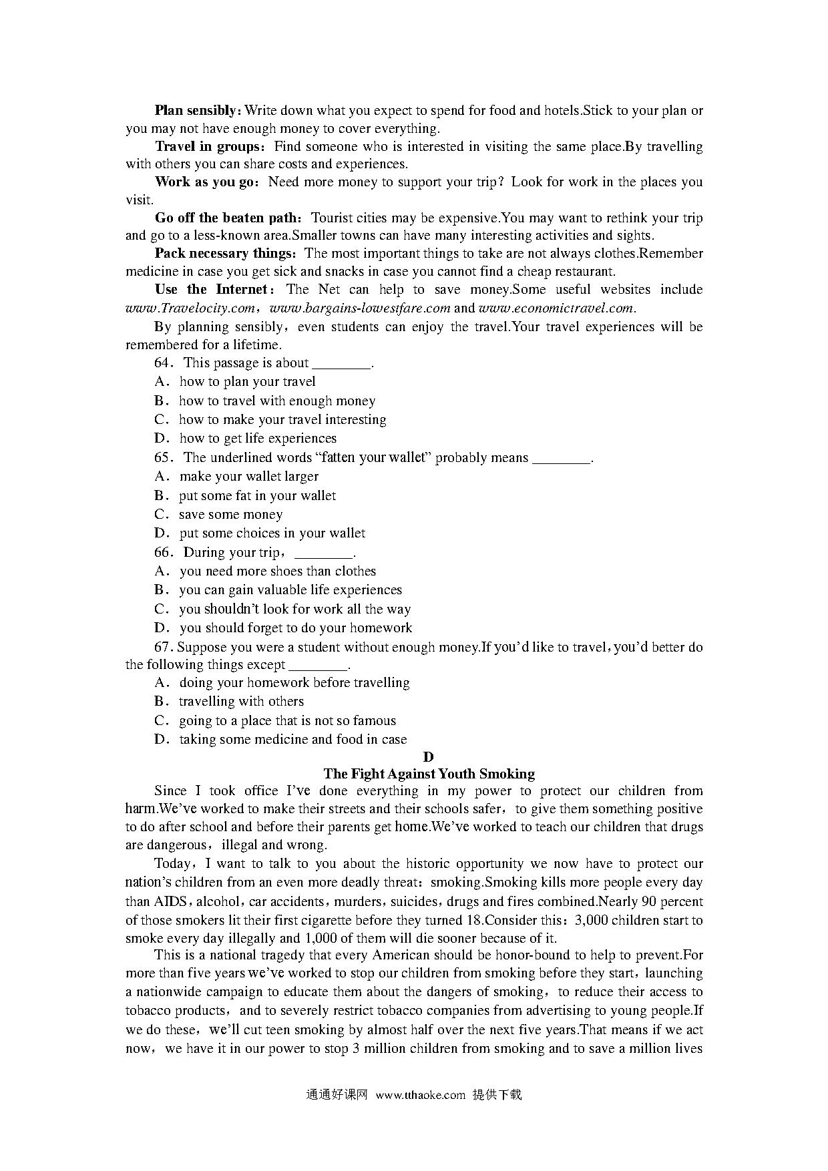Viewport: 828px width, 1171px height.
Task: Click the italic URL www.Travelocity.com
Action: point(190,308)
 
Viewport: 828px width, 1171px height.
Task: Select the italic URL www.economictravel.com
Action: point(556,308)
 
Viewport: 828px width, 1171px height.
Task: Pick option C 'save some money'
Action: point(230,514)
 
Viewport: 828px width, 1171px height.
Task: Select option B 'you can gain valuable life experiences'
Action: point(290,590)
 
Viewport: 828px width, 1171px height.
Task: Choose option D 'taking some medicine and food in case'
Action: point(292,739)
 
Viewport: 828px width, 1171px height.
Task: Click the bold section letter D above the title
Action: point(429,756)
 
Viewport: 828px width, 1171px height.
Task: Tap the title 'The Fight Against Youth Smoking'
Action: point(429,774)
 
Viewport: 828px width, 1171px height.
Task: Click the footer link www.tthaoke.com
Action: point(420,1094)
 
